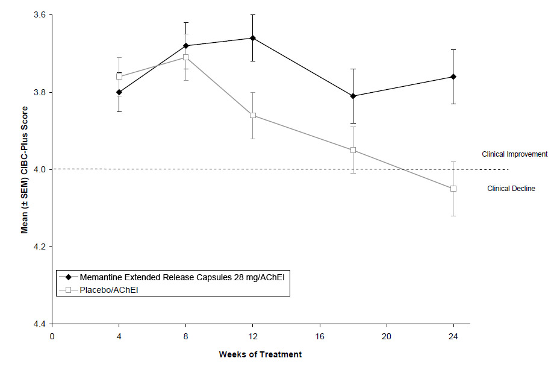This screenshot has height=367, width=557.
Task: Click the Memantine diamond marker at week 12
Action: point(253,38)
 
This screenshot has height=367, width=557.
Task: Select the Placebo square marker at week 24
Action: point(453,189)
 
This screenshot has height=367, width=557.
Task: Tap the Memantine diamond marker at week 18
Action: point(353,96)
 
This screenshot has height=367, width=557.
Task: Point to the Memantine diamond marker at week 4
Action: point(119,92)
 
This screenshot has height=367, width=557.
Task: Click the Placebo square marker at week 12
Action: point(253,115)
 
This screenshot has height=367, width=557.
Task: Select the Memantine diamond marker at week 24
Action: point(453,77)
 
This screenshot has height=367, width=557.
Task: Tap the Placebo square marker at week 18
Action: point(353,150)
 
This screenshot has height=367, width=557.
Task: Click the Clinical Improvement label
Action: point(514,154)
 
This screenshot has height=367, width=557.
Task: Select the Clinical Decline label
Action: point(511,189)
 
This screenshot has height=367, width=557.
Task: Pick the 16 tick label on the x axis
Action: point(320,335)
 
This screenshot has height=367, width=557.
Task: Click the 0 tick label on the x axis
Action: point(52,335)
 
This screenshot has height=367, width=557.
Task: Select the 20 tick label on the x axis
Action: point(387,335)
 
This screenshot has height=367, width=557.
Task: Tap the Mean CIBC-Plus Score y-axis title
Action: point(25,169)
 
